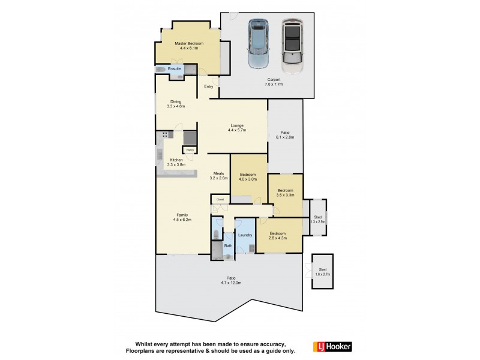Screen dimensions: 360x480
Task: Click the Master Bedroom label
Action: pos(189,46)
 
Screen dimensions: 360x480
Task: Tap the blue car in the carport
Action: pos(259,45)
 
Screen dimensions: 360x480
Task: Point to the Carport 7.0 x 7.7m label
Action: pos(274,82)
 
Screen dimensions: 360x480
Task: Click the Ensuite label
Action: pos(175,70)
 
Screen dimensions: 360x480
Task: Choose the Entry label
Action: pos(209,87)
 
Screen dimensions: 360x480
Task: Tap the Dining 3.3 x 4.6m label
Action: pos(176,104)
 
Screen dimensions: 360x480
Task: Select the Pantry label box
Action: pos(189,149)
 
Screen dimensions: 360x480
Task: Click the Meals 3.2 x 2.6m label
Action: pos(218,176)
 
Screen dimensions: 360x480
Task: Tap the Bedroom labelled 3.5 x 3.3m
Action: pos(285,193)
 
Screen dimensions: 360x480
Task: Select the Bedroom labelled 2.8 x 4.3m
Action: pos(277,235)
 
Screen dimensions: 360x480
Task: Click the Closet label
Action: pos(220,199)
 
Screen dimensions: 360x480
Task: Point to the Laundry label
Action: pos(245,235)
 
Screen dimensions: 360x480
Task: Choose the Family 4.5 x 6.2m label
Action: pos(182,217)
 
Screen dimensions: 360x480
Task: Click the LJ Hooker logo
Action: pos(332,347)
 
